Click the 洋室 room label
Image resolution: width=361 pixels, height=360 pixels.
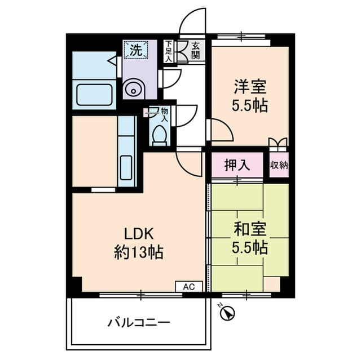248,87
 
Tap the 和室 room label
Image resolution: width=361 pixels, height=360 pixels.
248,229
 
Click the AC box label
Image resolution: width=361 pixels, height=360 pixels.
188,286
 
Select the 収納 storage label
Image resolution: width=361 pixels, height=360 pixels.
279,165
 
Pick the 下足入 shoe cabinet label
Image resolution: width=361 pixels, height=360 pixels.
168,51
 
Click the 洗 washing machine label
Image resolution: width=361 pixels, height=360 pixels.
136,49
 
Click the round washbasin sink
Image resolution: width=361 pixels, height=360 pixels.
134,88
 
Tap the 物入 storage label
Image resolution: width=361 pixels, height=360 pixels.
164,115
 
